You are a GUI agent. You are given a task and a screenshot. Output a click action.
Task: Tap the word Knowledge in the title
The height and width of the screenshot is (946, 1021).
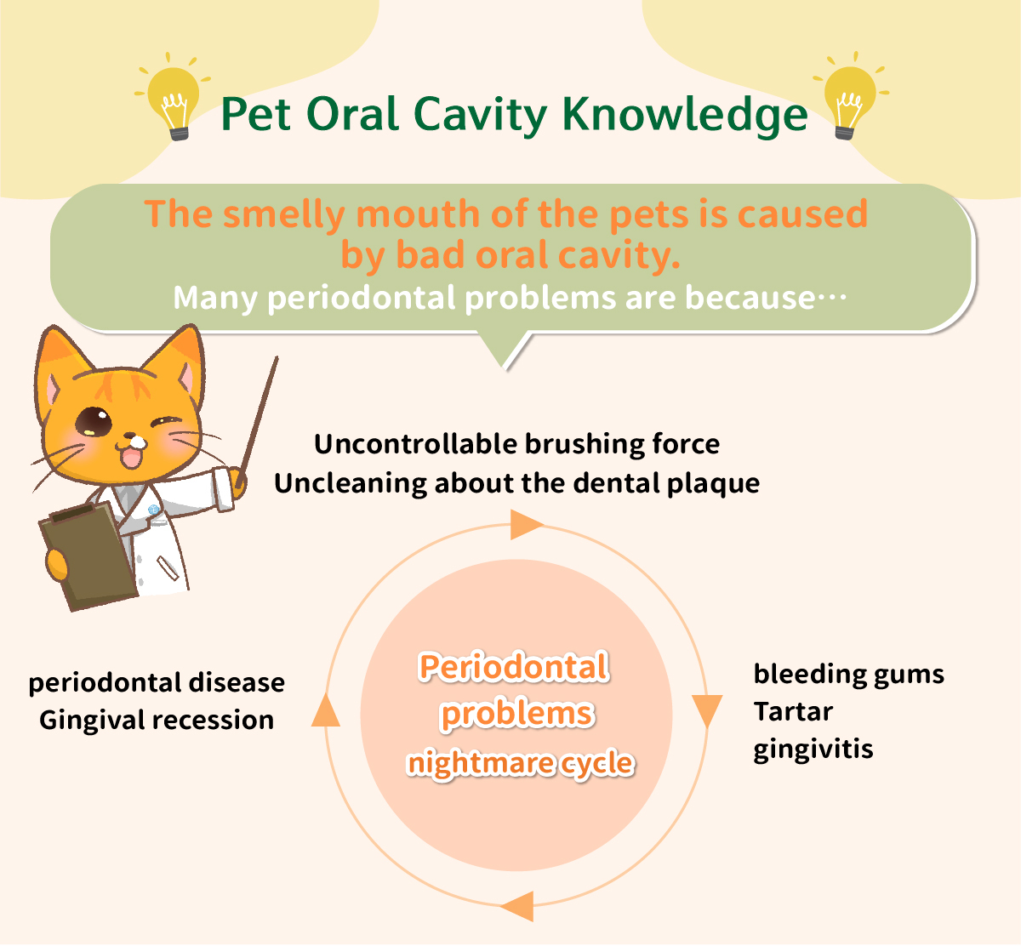pyautogui.click(x=685, y=116)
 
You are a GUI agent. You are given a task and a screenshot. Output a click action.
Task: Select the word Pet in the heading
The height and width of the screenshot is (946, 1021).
pyautogui.click(x=255, y=114)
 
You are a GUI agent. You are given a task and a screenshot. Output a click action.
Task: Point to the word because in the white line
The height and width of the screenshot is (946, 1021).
pyautogui.click(x=750, y=298)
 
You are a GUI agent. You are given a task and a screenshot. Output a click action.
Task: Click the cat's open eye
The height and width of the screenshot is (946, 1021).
pyautogui.click(x=94, y=422)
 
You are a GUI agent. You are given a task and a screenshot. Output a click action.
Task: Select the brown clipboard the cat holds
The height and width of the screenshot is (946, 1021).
pyautogui.click(x=88, y=556)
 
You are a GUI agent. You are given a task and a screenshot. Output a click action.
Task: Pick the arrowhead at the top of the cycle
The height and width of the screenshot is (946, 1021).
pyautogui.click(x=526, y=524)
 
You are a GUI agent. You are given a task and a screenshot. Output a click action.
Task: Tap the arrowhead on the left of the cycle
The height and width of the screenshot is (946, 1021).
pyautogui.click(x=325, y=710)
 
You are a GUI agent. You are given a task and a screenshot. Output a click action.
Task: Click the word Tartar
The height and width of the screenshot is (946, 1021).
pyautogui.click(x=793, y=712)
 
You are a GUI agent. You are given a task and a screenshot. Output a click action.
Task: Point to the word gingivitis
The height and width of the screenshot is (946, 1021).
pyautogui.click(x=813, y=749)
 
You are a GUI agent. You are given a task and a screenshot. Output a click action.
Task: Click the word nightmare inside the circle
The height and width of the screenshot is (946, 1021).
pyautogui.click(x=480, y=762)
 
